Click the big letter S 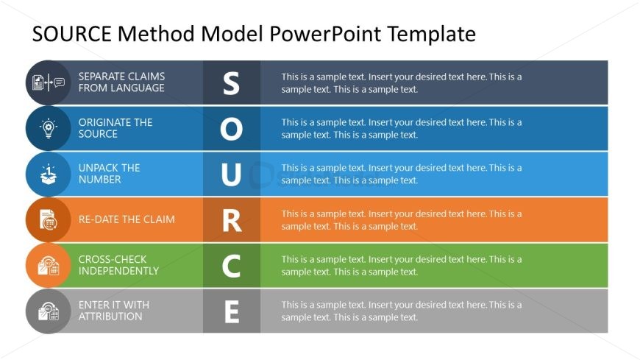point(231,83)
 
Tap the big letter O point(232,129)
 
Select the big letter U point(231,174)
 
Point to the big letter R point(232,221)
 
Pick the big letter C point(231,266)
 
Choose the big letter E point(232,312)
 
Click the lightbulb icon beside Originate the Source point(49,128)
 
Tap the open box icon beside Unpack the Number point(49,174)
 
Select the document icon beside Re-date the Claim point(49,220)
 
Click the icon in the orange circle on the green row point(49,266)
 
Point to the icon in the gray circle point(49,311)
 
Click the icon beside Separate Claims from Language point(49,82)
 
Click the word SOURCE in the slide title point(72,34)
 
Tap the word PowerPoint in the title point(325,34)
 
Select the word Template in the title point(431,35)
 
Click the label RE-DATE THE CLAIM point(127,219)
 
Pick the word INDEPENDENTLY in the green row point(118,271)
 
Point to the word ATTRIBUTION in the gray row point(110,317)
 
